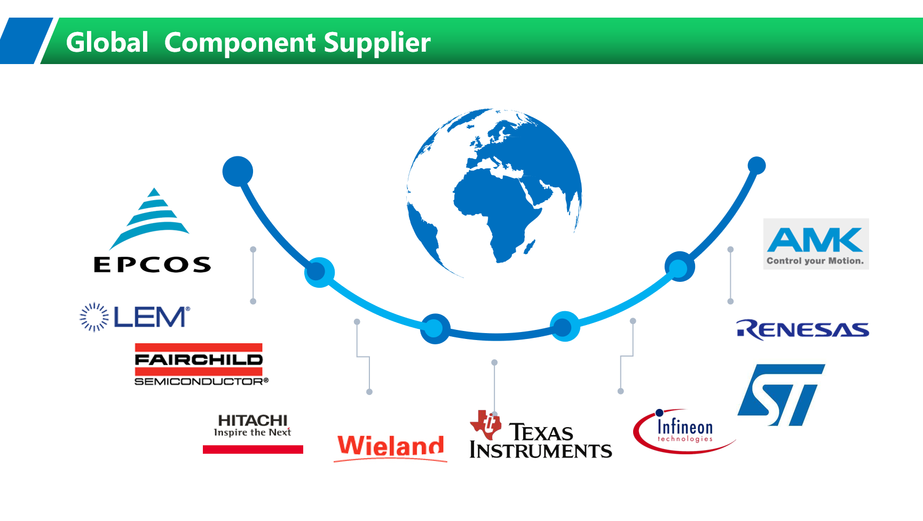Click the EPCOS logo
152,231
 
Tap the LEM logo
135,317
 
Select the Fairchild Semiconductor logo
201,365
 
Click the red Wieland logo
391,447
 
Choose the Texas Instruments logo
540,435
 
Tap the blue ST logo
781,395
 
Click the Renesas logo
802,329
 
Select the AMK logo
816,244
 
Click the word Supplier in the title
377,43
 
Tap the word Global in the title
107,42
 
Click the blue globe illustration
494,192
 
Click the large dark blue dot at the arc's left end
238,171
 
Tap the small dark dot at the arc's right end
756,165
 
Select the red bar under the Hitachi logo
253,449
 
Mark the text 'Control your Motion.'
815,261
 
